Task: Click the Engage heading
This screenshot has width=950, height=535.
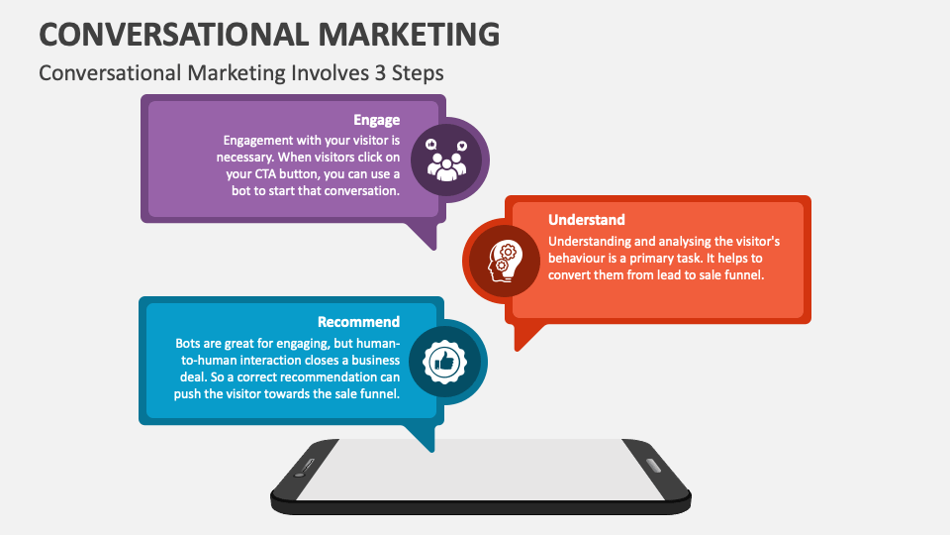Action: coord(376,121)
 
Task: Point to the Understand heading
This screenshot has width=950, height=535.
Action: coord(587,220)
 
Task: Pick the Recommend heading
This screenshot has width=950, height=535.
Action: coord(358,322)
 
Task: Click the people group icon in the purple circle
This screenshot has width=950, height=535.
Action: coord(447,160)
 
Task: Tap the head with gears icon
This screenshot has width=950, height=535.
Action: coord(503,261)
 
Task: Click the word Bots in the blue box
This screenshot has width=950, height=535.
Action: coord(190,342)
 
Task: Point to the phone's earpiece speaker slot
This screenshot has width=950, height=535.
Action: coord(306,466)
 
